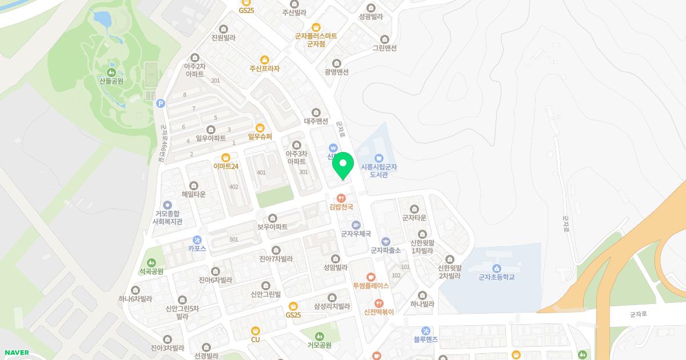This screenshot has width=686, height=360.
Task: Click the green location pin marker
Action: click(x=343, y=165)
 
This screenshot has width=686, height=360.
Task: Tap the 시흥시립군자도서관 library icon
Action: click(x=378, y=158)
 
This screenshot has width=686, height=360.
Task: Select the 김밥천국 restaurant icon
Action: click(x=341, y=198)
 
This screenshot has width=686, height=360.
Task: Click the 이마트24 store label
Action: click(x=225, y=166)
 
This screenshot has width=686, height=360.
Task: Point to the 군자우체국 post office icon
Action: click(x=356, y=225)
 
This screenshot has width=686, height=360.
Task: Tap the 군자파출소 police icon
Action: click(x=385, y=241)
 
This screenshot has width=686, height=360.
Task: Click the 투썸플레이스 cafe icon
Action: click(x=370, y=277)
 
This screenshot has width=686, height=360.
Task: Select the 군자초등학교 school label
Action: click(x=496, y=277)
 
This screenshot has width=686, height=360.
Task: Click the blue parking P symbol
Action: click(x=161, y=103)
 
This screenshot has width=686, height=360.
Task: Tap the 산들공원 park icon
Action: click(x=111, y=73)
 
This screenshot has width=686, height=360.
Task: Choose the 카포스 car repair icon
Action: click(x=197, y=240)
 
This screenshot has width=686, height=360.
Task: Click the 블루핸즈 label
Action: click(x=425, y=339)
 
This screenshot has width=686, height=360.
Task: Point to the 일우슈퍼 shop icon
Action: click(x=260, y=127)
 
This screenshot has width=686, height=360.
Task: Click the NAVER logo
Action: click(x=15, y=353)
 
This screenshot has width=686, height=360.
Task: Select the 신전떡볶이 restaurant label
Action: click(x=378, y=311)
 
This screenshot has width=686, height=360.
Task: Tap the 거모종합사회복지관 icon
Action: click(x=167, y=205)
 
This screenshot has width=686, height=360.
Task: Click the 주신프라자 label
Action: click(x=264, y=69)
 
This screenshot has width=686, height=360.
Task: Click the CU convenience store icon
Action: click(x=255, y=330)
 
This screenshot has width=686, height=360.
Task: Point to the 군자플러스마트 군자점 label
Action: click(x=316, y=39)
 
